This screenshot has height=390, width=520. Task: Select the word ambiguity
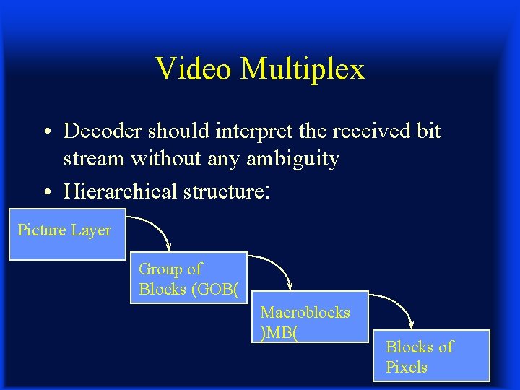click(x=292, y=159)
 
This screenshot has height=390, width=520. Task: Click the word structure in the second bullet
click(x=223, y=192)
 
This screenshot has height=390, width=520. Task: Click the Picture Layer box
click(x=66, y=234)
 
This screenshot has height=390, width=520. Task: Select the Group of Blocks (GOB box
click(x=188, y=278)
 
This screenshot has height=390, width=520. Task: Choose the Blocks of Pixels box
click(x=431, y=356)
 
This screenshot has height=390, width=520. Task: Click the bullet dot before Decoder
click(x=45, y=132)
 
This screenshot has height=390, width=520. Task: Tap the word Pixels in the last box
click(x=407, y=367)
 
